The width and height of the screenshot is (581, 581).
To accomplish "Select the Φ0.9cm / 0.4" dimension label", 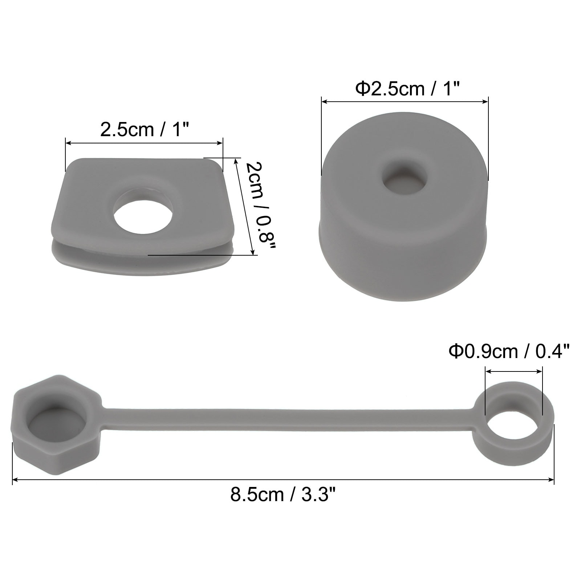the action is pos(509,351).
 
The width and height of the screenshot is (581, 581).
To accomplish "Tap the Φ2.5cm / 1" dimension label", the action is pos(407,89).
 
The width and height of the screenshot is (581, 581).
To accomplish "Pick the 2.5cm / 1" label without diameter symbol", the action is pos(145,129).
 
